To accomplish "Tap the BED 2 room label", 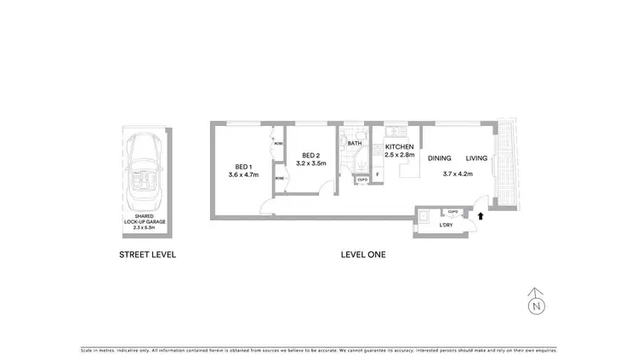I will click(x=307, y=156).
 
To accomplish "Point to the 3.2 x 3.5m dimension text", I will click(x=307, y=164).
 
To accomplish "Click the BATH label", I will click(x=355, y=144).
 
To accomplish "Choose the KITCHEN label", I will click(x=399, y=146).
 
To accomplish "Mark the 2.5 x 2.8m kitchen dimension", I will click(x=399, y=155).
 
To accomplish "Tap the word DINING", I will click(x=439, y=158).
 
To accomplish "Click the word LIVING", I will click(x=476, y=158).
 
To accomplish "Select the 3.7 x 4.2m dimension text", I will click(x=457, y=174).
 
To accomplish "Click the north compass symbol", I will click(x=535, y=301).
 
